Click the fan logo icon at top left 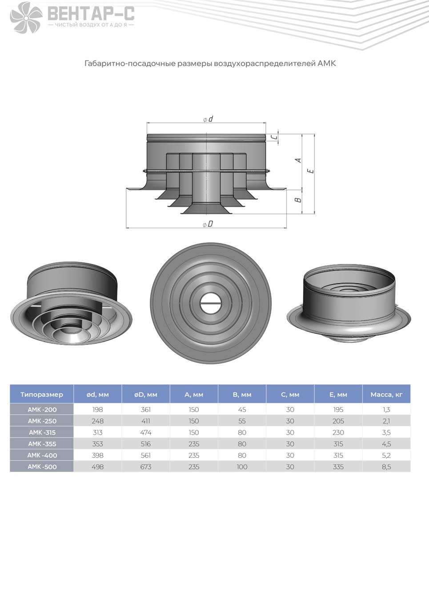tap(26, 17)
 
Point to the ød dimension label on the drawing tap(208, 119)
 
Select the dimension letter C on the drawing tap(273, 137)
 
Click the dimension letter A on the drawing tap(298, 160)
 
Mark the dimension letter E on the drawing tap(311, 171)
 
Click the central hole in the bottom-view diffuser tap(211, 304)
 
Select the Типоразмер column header tap(42, 395)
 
